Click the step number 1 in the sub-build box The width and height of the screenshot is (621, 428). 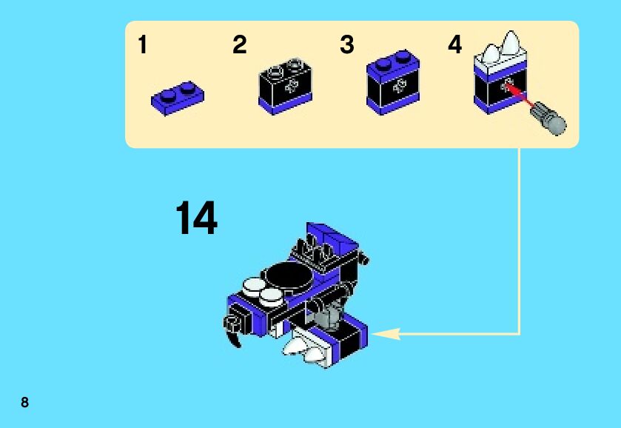pyautogui.click(x=143, y=46)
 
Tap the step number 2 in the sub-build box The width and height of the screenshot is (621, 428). pyautogui.click(x=239, y=46)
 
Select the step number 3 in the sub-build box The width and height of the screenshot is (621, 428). pyautogui.click(x=347, y=46)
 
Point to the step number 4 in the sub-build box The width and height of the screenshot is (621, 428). pyautogui.click(x=454, y=46)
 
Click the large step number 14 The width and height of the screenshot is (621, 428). pyautogui.click(x=196, y=219)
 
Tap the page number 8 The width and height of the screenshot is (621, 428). pyautogui.click(x=25, y=403)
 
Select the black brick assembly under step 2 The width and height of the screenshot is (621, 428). pyautogui.click(x=285, y=87)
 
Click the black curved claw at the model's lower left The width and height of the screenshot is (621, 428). pyautogui.click(x=234, y=333)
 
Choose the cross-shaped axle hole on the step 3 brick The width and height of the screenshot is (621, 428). pyautogui.click(x=400, y=85)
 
